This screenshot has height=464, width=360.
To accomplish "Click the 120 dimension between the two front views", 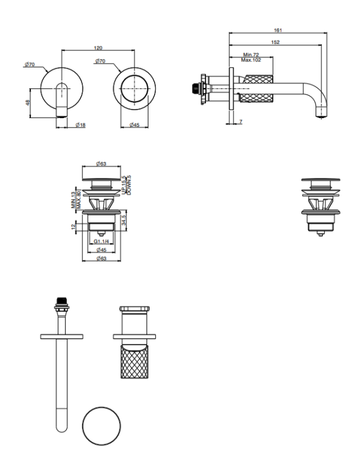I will point(98,47).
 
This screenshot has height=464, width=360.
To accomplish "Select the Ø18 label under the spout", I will point(80,125).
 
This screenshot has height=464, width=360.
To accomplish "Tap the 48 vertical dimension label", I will point(28,102).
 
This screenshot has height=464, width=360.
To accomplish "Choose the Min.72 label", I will point(251,55).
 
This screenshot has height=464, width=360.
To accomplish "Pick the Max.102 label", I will point(251,60).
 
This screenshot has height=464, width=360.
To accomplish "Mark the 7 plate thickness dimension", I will point(241,121).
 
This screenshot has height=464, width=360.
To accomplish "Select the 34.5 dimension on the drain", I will point(124,220).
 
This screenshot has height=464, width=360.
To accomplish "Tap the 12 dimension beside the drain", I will point(74,227).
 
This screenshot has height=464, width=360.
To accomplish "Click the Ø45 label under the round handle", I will point(134,125).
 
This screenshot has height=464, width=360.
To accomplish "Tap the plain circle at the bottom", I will point(101,426).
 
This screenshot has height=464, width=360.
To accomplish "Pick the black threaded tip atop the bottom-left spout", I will point(61,302).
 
